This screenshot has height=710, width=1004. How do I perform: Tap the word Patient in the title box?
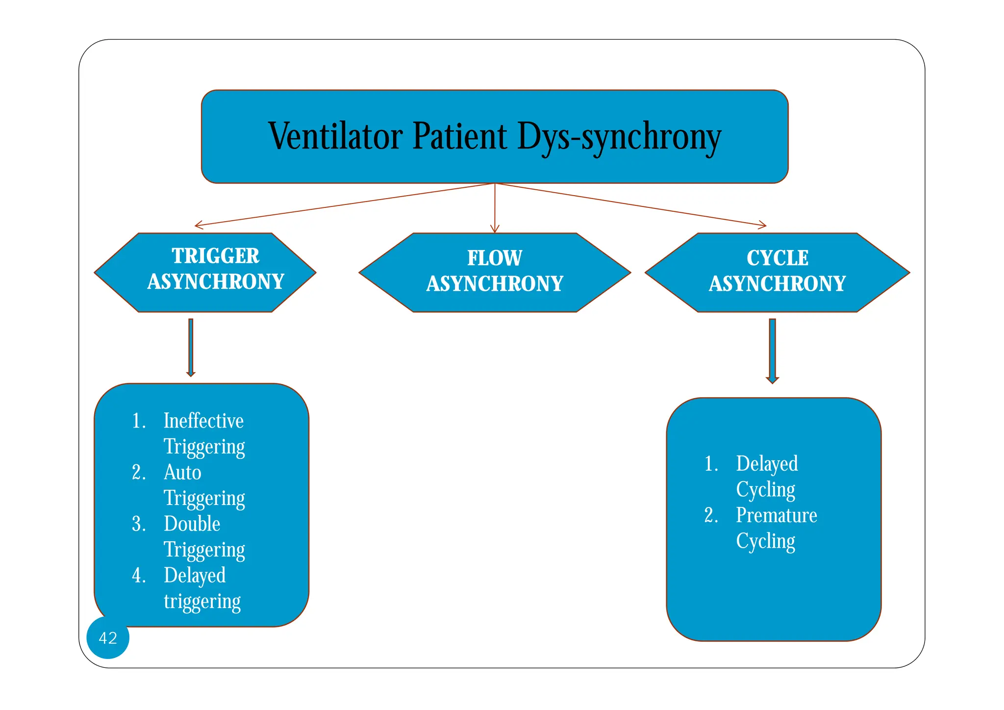[459, 136]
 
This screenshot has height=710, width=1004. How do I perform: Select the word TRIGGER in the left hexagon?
[215, 256]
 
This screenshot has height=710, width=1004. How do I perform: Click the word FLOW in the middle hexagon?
[494, 258]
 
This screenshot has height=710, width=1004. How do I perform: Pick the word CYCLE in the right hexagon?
[777, 258]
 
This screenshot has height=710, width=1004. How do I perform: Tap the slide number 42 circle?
[108, 637]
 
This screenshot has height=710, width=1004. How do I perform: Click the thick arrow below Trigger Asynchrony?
[191, 347]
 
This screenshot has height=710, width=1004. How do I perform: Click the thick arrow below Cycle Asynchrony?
[772, 351]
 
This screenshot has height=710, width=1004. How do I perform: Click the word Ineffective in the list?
[203, 421]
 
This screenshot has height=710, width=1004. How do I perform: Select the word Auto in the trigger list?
[182, 472]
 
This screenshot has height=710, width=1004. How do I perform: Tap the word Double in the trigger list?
[192, 524]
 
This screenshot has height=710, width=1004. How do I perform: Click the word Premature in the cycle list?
[776, 515]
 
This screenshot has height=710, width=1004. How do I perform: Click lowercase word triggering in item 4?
[202, 601]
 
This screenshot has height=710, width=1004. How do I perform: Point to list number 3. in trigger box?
[139, 524]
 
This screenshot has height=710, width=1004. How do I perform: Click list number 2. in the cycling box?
[711, 515]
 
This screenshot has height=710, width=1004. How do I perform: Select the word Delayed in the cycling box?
[767, 463]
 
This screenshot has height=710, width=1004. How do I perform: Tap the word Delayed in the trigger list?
[195, 575]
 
